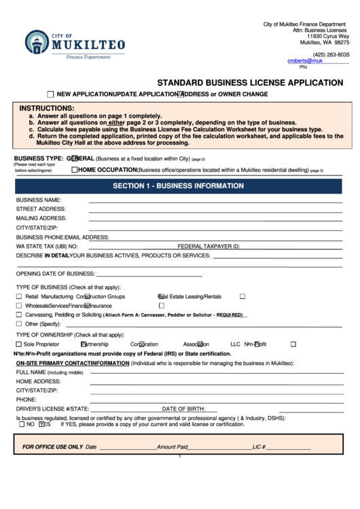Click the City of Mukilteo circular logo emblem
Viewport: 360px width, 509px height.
(x=37, y=45)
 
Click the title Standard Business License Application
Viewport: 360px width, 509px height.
(x=250, y=82)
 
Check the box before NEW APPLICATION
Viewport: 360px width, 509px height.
(x=51, y=94)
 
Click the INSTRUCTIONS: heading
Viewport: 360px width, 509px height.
(x=47, y=108)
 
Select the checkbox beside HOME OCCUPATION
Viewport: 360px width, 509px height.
(x=74, y=169)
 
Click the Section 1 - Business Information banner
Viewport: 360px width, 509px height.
(x=178, y=186)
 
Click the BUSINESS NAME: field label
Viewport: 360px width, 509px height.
(x=39, y=200)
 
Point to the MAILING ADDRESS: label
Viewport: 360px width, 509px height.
(x=41, y=218)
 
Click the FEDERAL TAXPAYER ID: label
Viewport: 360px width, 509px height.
(x=209, y=246)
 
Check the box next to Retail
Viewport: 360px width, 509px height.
(x=19, y=297)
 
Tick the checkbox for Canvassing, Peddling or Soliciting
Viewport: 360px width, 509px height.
(x=19, y=315)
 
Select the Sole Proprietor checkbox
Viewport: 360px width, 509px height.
(x=19, y=345)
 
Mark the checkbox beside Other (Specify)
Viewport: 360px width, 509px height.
(x=19, y=324)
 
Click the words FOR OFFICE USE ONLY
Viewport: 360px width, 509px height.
(x=52, y=447)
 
